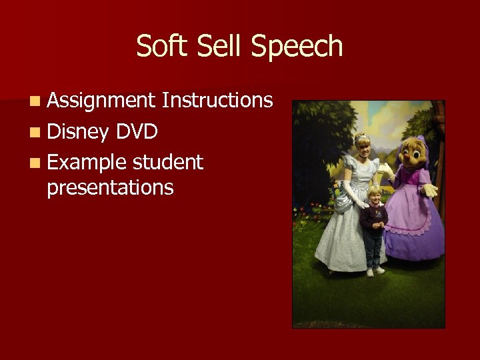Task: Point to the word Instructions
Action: [217, 101]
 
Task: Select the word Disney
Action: [77, 132]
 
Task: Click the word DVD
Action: [136, 131]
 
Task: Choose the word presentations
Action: [110, 188]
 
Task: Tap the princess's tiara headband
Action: [362, 137]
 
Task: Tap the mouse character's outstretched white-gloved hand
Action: [429, 189]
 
